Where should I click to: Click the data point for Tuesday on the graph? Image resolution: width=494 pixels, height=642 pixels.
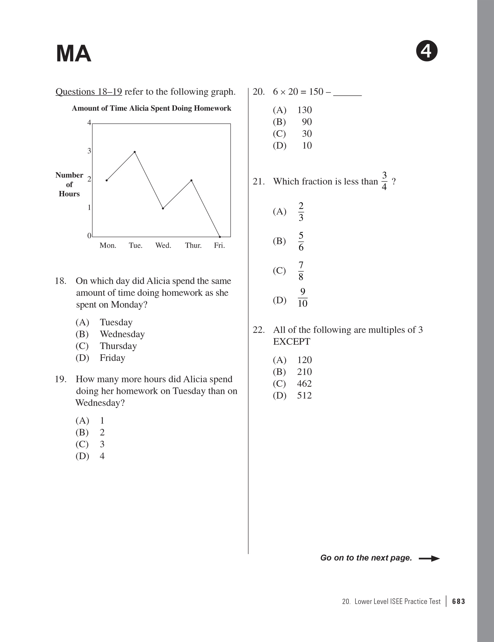coord(135,152)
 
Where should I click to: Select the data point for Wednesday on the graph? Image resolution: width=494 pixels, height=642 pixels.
coord(163,208)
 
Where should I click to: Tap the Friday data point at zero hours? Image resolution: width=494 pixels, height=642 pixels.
coord(220,237)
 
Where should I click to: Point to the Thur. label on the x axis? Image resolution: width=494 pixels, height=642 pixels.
coord(193,246)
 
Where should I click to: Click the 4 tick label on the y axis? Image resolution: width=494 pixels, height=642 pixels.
coord(89,123)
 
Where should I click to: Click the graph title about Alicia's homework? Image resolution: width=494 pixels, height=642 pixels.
coord(152,108)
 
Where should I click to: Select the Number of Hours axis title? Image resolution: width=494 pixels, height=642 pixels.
coord(69,184)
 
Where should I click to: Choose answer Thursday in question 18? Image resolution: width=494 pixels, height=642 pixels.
coord(118,346)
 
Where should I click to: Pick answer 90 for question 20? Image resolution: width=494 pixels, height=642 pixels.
coord(307,122)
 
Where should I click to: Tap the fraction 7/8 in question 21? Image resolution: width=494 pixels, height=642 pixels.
coord(301,271)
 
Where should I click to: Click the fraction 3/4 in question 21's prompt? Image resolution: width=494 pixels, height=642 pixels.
coord(384,181)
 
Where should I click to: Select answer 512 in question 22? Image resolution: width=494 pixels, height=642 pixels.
coord(304,396)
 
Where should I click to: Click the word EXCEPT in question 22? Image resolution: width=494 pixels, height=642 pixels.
coord(292,342)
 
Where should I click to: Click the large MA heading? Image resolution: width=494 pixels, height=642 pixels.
coord(73,54)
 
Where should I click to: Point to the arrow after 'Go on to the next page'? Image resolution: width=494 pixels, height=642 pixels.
coord(429,559)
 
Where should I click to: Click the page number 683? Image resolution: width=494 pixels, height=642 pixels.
coord(458,602)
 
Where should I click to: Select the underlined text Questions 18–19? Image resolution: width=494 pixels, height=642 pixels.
coord(89,92)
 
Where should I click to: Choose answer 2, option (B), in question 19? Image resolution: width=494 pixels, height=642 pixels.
coord(102,432)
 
